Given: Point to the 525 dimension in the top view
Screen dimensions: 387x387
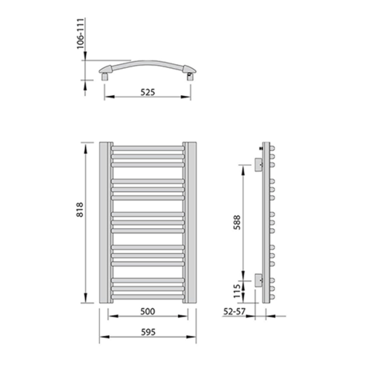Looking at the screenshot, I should [148, 91].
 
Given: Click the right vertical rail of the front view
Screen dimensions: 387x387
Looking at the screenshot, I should [190, 222].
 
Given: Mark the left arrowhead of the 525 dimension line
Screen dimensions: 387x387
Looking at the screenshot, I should [108, 97].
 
